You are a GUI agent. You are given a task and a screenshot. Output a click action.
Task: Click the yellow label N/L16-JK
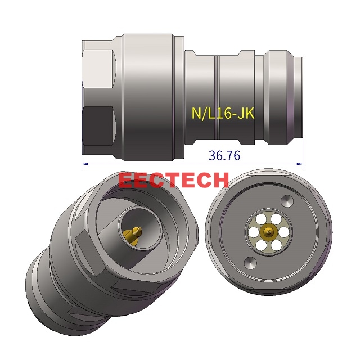coord(223,114)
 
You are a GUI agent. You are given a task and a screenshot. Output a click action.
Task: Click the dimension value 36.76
coord(224,156)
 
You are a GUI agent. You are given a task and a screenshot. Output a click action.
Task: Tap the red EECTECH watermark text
coord(174,180)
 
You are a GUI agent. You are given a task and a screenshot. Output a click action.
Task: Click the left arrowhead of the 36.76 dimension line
coord(84,164)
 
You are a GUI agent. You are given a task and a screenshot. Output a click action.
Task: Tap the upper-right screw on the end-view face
coord(287,201)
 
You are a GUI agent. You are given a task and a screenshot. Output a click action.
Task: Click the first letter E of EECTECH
coord(127,180)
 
